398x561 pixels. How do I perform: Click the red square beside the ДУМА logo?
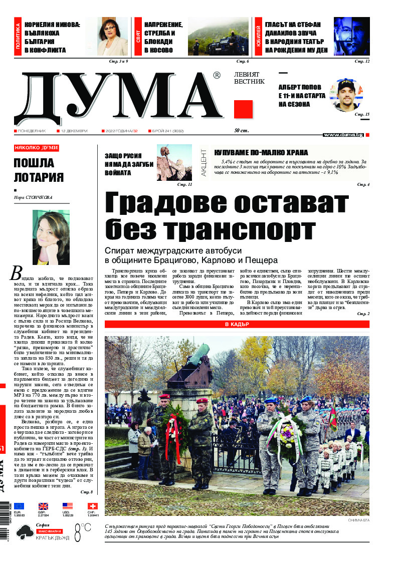click(x=243, y=109)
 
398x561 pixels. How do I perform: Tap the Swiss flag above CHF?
click(x=92, y=506)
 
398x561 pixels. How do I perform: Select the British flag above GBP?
click(x=43, y=506)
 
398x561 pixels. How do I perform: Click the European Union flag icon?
click(x=19, y=506)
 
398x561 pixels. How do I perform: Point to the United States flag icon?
click(x=68, y=506)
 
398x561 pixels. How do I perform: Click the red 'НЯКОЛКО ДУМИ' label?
click(x=36, y=148)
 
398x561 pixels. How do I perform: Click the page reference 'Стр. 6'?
click(x=243, y=62)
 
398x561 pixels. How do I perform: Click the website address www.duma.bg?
click(x=343, y=135)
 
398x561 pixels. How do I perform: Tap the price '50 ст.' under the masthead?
click(x=243, y=131)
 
